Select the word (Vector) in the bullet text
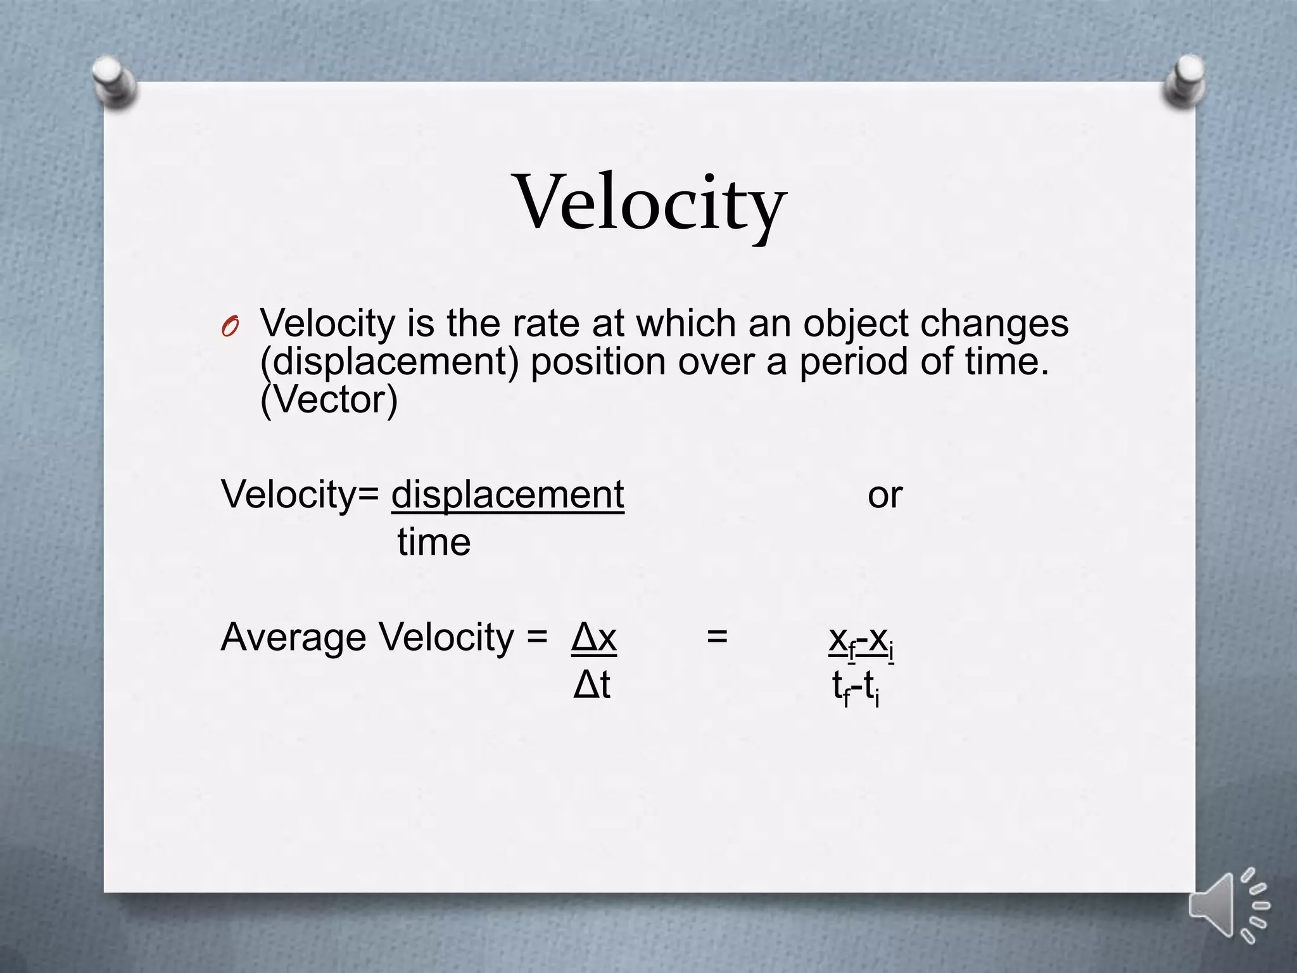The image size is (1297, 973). click(329, 400)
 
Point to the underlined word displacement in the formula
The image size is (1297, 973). click(507, 495)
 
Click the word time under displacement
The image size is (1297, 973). click(434, 543)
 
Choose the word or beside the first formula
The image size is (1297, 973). click(885, 495)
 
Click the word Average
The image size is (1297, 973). click(294, 637)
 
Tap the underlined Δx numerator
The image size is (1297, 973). click(593, 637)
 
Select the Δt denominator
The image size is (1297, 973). click(592, 685)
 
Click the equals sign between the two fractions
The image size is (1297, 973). click(717, 636)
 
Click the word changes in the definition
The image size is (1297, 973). click(994, 324)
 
